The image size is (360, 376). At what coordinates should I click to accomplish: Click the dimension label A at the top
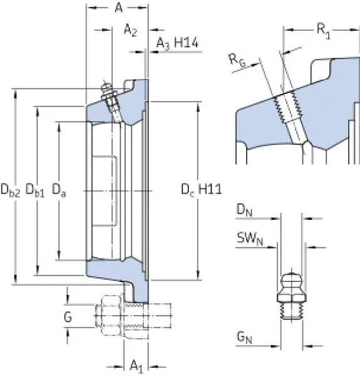(x=119, y=8)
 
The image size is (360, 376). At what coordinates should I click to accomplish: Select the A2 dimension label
(x=130, y=30)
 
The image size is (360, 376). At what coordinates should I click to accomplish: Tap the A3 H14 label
(x=177, y=43)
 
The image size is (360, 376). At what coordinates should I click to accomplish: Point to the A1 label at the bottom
(x=136, y=367)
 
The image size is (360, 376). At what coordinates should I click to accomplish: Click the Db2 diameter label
(x=10, y=190)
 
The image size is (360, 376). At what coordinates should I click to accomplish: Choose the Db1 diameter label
(x=35, y=190)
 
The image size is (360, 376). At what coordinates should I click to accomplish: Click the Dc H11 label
(x=202, y=189)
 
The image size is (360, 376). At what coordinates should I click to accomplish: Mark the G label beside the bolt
(x=68, y=317)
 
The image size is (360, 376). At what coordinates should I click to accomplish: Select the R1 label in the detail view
(x=324, y=31)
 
